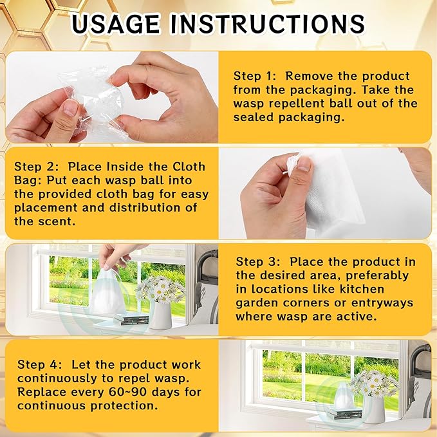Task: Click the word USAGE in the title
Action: pos(116,24)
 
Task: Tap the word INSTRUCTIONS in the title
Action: pos(268,24)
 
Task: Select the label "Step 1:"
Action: pos(255,76)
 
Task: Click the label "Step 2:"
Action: pos(37,167)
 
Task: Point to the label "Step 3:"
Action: pos(258,262)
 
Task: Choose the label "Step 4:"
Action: pos(39,364)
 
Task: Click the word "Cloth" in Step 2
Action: pos(189,167)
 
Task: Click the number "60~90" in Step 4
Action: pos(128,392)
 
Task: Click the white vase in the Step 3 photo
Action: pos(160,315)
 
